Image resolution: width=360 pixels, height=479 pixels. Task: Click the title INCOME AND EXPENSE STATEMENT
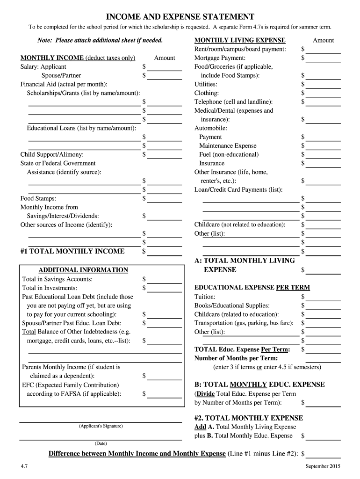point(180,16)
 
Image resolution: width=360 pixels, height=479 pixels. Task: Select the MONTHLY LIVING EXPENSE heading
point(239,40)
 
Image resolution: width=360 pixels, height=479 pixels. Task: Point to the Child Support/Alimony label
point(52,154)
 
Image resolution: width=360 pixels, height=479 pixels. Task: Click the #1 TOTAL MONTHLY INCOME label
point(72,251)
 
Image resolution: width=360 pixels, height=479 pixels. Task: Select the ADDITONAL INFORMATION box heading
point(83,270)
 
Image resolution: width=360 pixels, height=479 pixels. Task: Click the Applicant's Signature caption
point(101,426)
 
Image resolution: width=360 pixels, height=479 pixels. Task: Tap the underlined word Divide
point(205,394)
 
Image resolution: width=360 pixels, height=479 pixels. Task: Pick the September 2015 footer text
point(323,466)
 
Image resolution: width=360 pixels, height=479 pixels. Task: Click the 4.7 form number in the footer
point(24,466)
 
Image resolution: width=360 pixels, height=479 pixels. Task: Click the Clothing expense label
point(206,93)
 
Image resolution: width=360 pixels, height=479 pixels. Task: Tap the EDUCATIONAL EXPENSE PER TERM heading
point(252,288)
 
